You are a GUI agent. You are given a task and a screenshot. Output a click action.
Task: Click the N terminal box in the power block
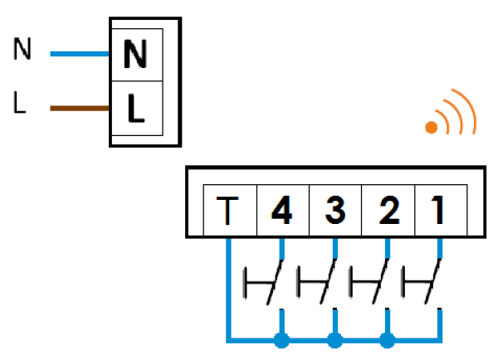pos(134,55)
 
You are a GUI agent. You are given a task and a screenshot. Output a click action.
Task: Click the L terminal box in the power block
pos(134,108)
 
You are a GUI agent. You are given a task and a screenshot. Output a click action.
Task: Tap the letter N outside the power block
pos(22,51)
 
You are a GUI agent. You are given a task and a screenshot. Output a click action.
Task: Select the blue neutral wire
pos(81,55)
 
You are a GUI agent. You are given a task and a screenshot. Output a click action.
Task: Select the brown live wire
pos(81,108)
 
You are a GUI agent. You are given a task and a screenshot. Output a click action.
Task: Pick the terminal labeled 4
pos(282,211)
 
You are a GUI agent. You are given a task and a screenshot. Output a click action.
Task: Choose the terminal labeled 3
pos(334,211)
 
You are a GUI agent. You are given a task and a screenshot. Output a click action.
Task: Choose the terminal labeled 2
pos(387,211)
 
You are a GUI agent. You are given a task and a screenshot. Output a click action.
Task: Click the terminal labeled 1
pos(439,211)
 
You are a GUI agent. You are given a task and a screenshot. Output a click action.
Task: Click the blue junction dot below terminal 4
pos(282,339)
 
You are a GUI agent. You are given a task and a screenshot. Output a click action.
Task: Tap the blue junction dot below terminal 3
pos(334,339)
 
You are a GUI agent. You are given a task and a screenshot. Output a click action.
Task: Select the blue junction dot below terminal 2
pos(387,339)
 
